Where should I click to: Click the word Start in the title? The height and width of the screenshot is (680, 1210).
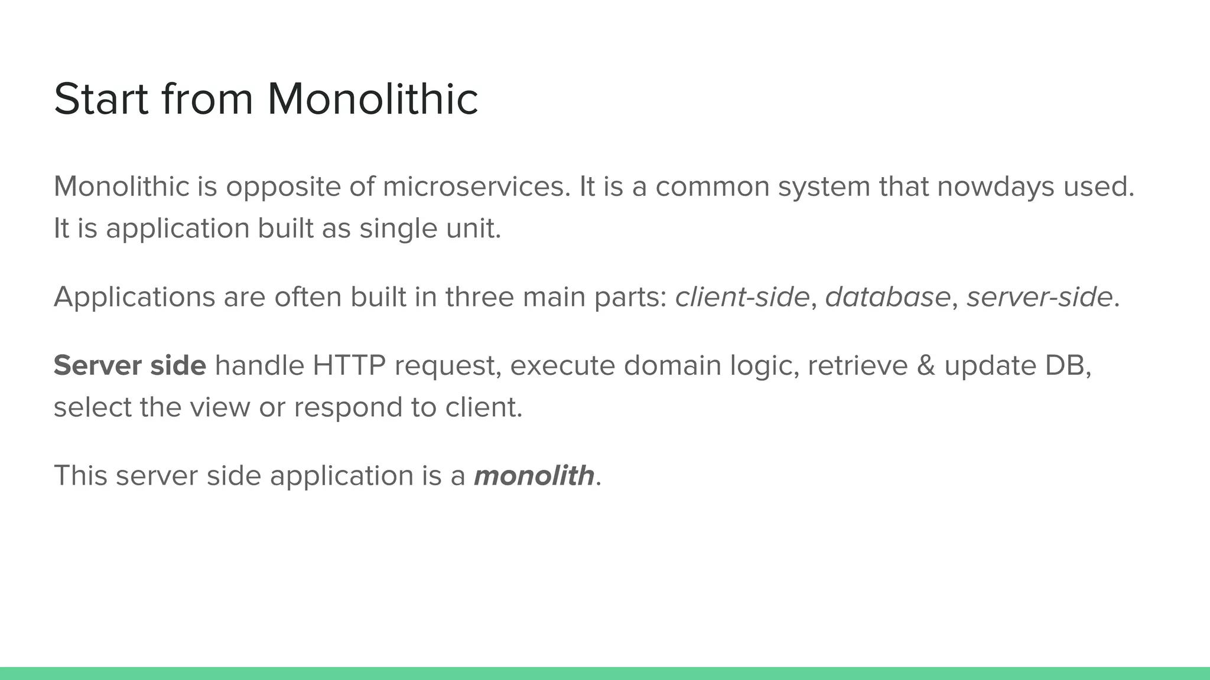100,99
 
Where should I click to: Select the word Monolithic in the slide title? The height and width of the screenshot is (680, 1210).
372,99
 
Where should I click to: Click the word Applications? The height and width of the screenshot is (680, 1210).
134,297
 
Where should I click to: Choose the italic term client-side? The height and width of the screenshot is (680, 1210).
742,296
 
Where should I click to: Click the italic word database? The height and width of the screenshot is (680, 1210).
887,296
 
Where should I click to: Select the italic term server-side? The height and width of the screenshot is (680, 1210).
1039,296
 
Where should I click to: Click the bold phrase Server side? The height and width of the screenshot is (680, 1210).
130,365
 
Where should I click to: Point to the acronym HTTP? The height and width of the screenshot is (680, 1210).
349,365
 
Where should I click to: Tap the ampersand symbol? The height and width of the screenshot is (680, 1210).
926,365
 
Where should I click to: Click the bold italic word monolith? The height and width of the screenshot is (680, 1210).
534,475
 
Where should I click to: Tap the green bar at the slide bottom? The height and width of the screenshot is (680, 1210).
605,674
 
